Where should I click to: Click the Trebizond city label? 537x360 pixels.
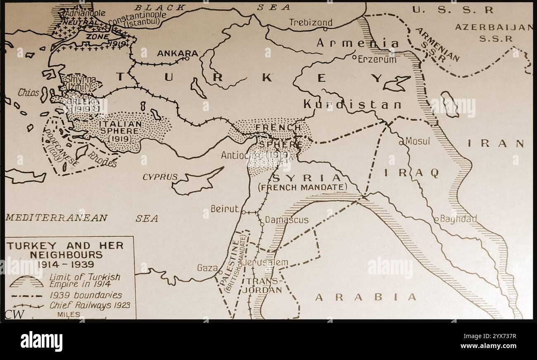click(x=310, y=22)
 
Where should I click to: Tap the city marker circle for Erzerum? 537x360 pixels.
click(x=354, y=58)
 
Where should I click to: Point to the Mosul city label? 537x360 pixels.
click(x=418, y=141)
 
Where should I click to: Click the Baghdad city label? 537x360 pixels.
click(x=458, y=219)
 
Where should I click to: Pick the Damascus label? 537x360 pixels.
click(x=287, y=220)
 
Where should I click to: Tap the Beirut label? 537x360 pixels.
click(x=225, y=209)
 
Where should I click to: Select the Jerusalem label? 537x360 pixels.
click(x=266, y=262)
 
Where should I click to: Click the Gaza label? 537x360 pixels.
click(x=207, y=268)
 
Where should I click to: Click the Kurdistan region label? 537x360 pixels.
click(x=352, y=105)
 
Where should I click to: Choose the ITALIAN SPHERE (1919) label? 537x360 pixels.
click(x=120, y=130)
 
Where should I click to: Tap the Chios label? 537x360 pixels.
click(x=28, y=93)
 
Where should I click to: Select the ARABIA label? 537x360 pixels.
click(x=366, y=297)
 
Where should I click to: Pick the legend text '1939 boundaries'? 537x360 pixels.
click(x=86, y=295)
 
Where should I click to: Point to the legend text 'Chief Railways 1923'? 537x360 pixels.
click(x=90, y=305)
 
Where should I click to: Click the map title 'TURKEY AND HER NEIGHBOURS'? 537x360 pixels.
click(x=65, y=250)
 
